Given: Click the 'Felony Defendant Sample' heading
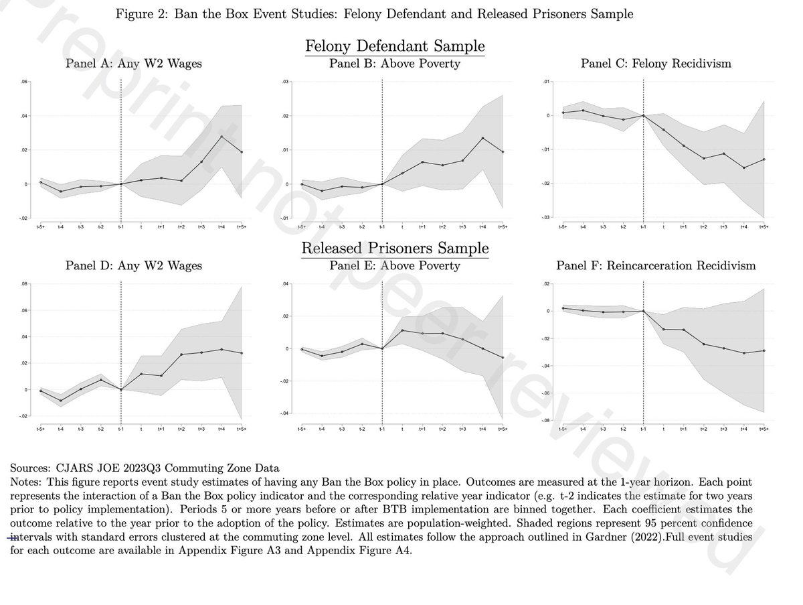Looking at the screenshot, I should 395,46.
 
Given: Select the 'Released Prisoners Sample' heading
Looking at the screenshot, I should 395,249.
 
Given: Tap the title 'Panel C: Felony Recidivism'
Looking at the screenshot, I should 656,64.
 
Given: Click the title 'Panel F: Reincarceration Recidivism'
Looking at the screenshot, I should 656,266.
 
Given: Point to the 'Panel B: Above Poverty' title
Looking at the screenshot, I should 395,64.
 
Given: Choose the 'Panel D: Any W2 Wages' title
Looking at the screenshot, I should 133,266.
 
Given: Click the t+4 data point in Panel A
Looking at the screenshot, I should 221,137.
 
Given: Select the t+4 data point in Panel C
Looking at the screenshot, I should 743,167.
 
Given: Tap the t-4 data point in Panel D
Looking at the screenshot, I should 60,401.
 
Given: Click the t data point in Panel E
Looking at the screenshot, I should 402,330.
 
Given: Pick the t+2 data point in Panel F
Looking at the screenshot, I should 703,344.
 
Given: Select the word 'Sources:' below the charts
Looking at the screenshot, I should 31,467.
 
